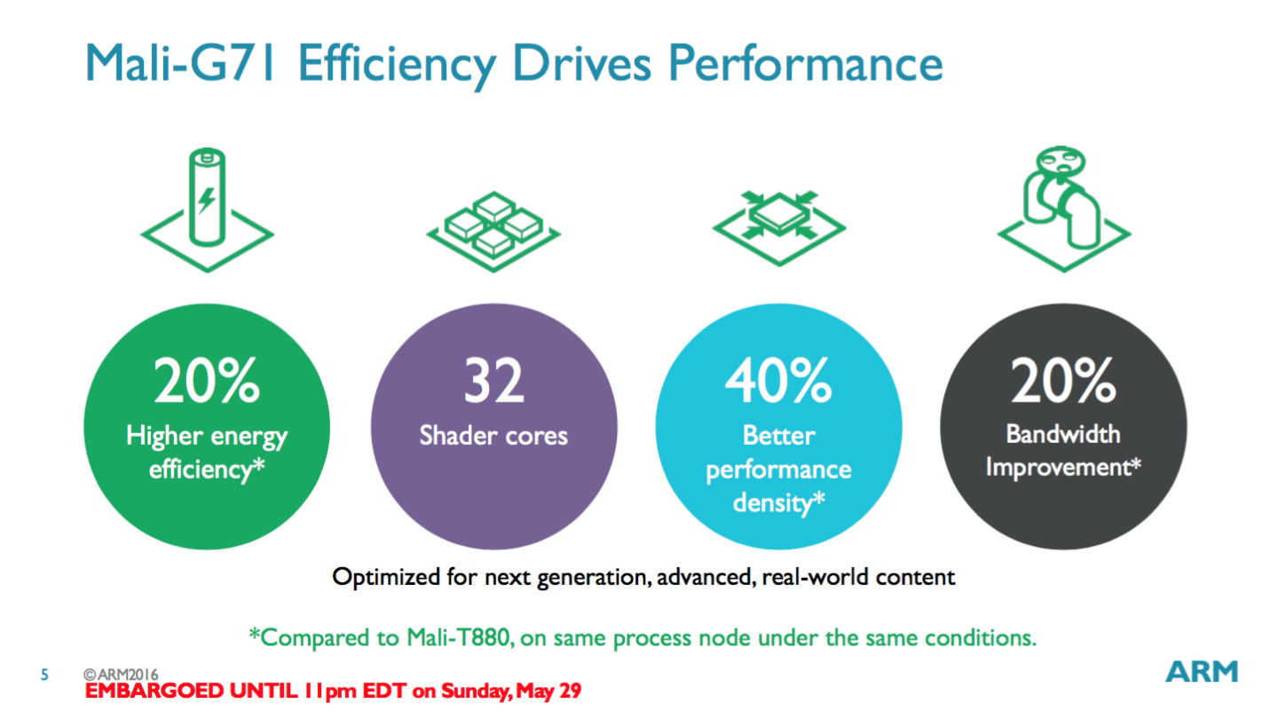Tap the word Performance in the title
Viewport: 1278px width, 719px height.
[x=805, y=63]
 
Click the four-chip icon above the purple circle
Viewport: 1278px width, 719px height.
[x=492, y=225]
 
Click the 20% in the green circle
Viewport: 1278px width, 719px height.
[x=207, y=381]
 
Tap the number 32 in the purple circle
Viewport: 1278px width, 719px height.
[x=493, y=381]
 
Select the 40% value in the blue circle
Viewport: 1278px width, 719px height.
[x=778, y=381]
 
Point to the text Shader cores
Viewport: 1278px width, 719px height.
[x=493, y=436]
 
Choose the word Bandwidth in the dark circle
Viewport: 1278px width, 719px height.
[x=1063, y=434]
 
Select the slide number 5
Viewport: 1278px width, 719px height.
[x=45, y=676]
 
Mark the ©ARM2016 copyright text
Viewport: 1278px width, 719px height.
[x=122, y=676]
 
